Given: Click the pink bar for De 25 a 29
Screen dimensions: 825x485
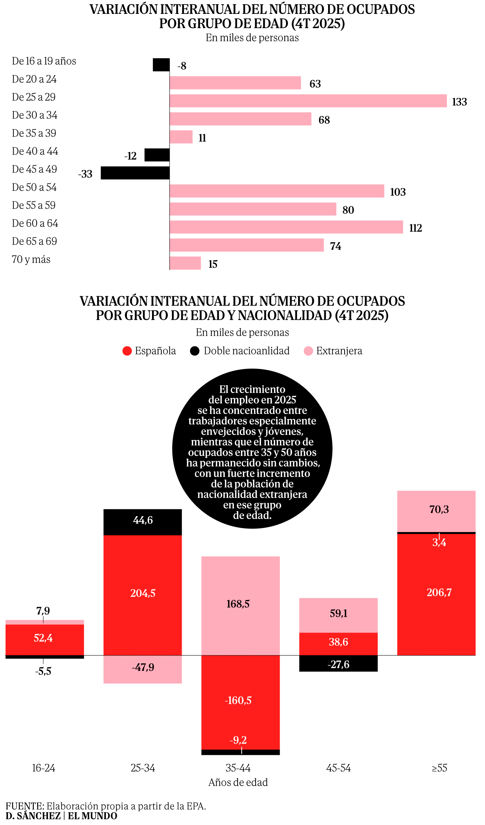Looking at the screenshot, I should coord(308,101).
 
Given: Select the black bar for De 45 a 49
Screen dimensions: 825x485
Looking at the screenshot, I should coord(135,173).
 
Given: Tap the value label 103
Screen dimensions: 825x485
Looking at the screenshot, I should coord(398,192).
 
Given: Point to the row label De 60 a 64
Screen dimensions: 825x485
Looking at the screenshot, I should coord(35,223).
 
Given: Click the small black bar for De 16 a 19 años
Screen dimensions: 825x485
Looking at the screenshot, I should coord(161,64).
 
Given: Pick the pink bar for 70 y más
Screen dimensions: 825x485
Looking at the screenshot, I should coord(185,263).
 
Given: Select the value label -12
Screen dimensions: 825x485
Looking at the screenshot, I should coord(130,156).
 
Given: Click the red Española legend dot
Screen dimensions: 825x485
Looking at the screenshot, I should coord(127,351).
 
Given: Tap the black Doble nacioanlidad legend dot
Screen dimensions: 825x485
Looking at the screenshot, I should coord(194,351).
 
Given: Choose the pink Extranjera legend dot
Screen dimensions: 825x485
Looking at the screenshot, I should coord(308,351).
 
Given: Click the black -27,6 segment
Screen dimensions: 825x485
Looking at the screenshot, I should coord(338,664).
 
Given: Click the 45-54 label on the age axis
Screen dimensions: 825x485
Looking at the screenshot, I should coord(338,768).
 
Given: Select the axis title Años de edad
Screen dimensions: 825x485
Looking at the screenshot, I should coord(238,782).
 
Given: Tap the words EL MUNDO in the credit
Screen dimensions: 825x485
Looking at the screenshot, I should coord(92,816).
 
